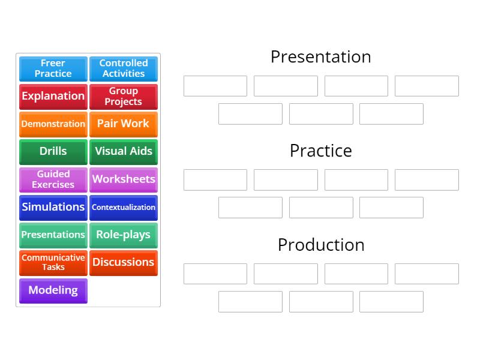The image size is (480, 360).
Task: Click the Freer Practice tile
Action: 53,68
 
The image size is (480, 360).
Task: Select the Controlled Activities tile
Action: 124,68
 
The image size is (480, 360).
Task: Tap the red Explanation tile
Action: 53,96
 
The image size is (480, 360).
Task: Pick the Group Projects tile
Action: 124,96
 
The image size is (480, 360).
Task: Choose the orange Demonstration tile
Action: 53,124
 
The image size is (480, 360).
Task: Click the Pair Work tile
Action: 124,124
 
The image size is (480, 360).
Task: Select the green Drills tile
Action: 53,151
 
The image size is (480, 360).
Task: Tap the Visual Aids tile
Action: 124,151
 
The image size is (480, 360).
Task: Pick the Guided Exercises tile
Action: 53,179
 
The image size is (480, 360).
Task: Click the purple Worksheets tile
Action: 124,179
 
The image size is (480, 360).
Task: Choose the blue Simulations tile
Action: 53,207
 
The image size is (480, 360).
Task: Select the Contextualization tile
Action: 124,207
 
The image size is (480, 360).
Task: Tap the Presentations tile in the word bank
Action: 53,235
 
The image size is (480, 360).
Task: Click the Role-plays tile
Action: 124,235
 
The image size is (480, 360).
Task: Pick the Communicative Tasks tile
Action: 53,262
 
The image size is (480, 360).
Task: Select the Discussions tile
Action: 124,262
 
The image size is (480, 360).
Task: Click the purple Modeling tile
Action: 53,290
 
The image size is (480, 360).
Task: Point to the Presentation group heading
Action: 320,56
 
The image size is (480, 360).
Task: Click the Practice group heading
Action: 320,151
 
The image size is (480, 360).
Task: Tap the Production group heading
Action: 320,245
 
